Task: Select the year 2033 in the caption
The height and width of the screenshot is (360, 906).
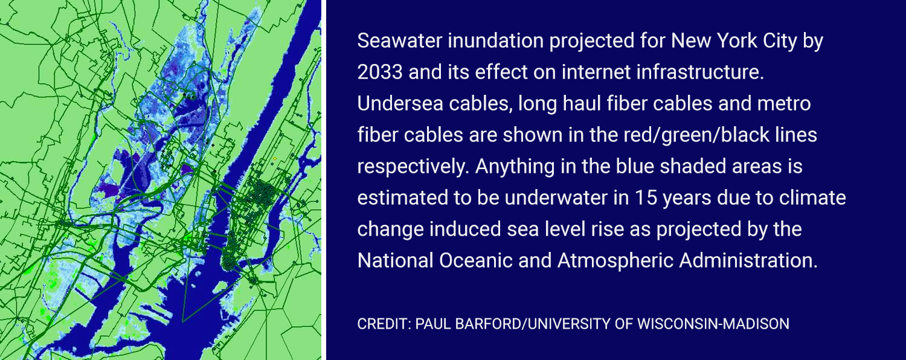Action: coord(380,72)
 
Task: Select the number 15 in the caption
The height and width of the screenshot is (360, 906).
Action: coord(643,198)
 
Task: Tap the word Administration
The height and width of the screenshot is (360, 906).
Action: coord(748,260)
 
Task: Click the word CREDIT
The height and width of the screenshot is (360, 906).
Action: coord(384,324)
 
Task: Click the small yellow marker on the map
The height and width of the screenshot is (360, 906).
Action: coord(275,159)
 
